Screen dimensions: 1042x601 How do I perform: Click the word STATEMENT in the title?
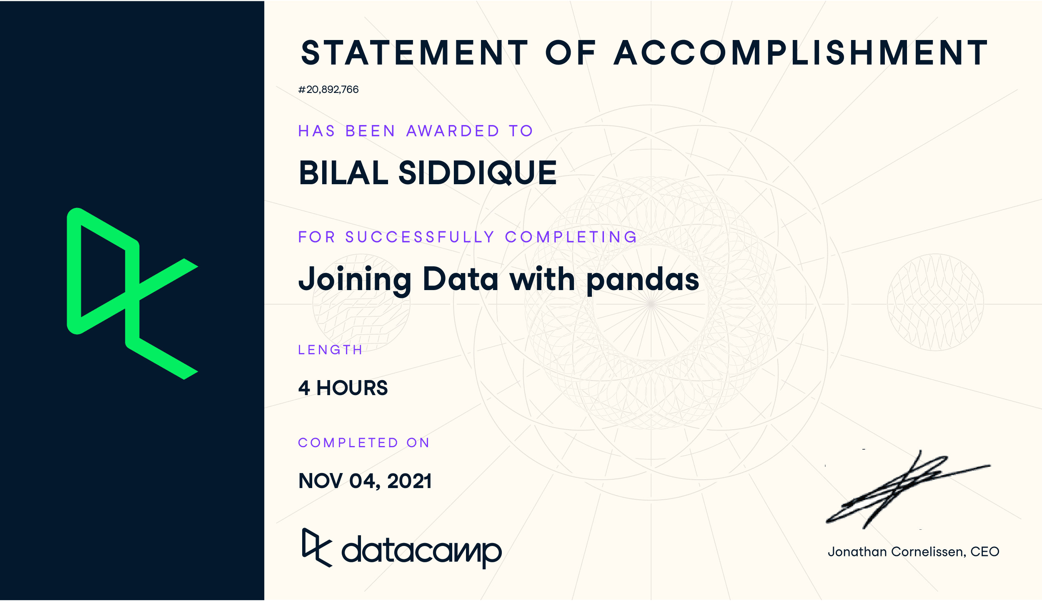(x=414, y=53)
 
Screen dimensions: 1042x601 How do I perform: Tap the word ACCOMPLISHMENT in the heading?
(x=801, y=53)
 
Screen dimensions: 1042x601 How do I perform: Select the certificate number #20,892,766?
(x=328, y=90)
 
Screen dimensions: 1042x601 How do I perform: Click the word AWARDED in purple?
(x=453, y=131)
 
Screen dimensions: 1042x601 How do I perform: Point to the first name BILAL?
(x=344, y=173)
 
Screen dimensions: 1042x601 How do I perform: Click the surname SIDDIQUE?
(x=478, y=173)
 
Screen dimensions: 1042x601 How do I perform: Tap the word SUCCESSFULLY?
(x=420, y=237)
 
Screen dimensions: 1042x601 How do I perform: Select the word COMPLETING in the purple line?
(x=571, y=237)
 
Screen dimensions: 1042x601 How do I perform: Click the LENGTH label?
(x=330, y=350)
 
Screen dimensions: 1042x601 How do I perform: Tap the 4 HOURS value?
(x=343, y=388)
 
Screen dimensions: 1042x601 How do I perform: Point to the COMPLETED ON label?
(x=364, y=443)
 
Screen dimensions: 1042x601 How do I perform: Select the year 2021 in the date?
(x=409, y=481)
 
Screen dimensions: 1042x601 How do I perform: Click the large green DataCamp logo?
(x=132, y=294)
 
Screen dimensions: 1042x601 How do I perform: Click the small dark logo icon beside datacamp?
(x=317, y=548)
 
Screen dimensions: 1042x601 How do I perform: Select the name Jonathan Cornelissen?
(x=895, y=552)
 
